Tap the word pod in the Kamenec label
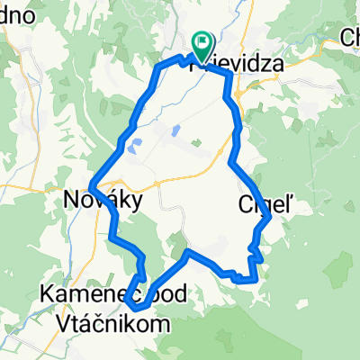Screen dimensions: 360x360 pyautogui.click(x=155, y=293)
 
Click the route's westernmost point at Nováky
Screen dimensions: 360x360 pyautogui.click(x=91, y=186)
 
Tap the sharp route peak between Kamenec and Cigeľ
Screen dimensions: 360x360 pyautogui.click(x=186, y=253)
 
